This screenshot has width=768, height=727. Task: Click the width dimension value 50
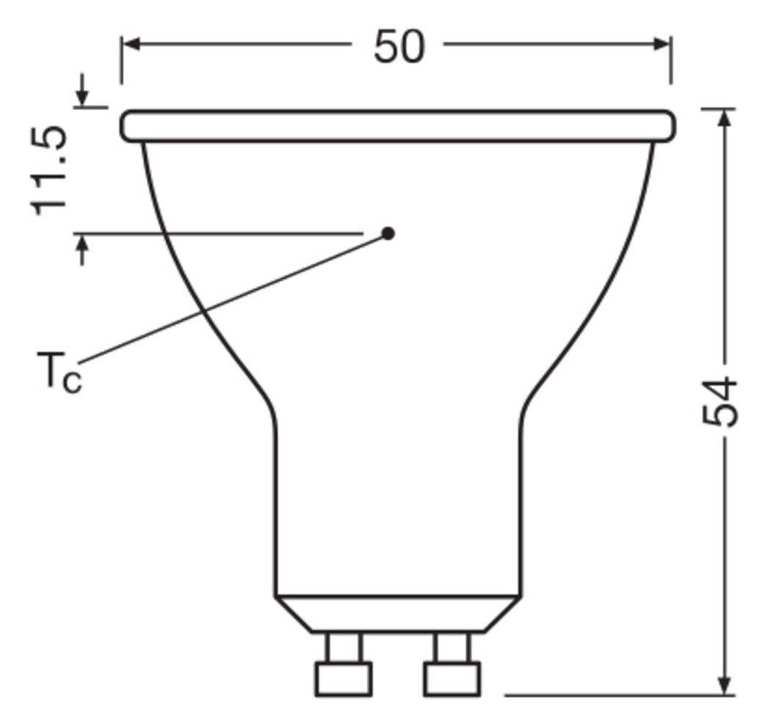coord(399,47)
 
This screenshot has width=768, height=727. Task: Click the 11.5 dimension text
coord(51,170)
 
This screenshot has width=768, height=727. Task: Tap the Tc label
coord(59,372)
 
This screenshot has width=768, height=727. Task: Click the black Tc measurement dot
coord(388,233)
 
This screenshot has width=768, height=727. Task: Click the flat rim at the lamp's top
coord(397,125)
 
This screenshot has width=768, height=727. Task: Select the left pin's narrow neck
coord(344,647)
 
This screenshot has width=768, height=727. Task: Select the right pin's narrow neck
coord(452,647)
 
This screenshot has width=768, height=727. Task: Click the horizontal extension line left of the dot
coord(220,233)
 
